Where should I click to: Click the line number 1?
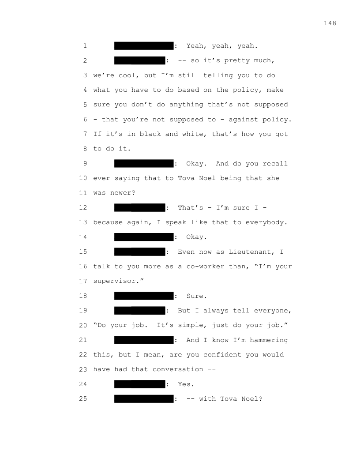(x=84, y=46)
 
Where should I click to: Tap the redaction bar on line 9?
(x=144, y=164)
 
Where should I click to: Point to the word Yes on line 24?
(x=185, y=384)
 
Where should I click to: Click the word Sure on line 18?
(x=195, y=296)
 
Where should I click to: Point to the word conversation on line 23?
(x=180, y=369)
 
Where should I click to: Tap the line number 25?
(x=83, y=399)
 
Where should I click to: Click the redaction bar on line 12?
(x=139, y=208)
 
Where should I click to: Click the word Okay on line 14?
(x=195, y=237)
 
